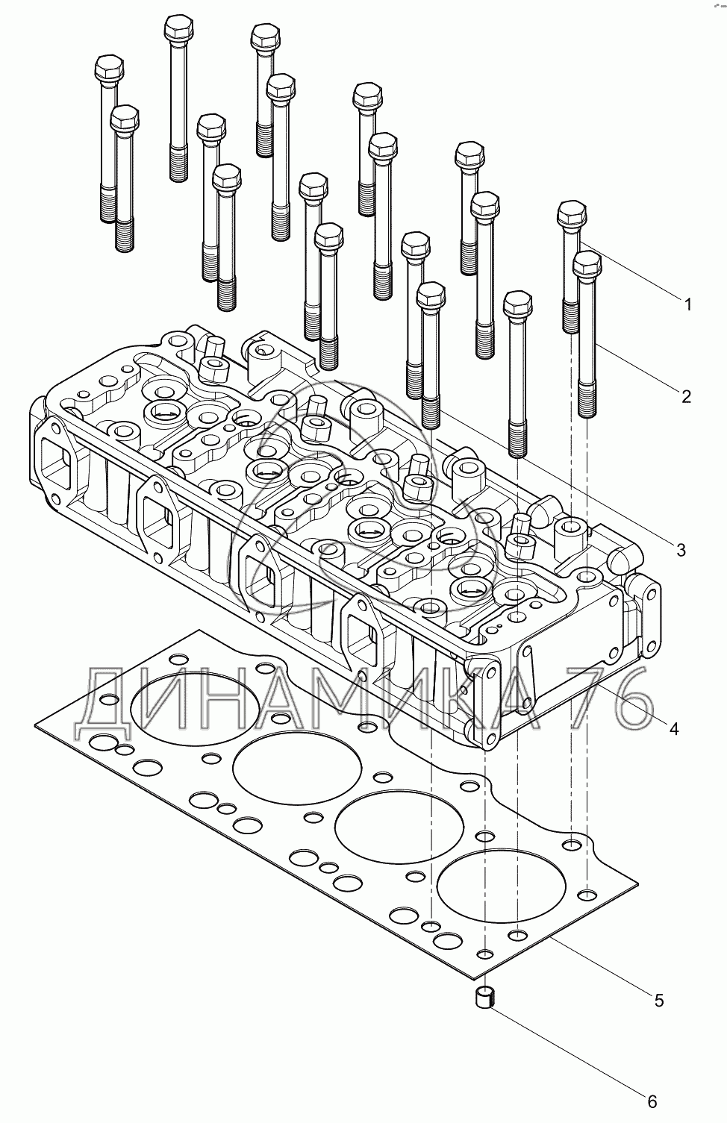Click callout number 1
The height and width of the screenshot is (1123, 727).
[x=687, y=304]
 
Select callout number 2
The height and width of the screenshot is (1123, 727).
[x=686, y=395]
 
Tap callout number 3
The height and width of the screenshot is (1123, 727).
[x=680, y=550]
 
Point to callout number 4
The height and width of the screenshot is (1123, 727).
[x=673, y=728]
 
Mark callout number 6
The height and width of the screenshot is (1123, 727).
[x=651, y=1101]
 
